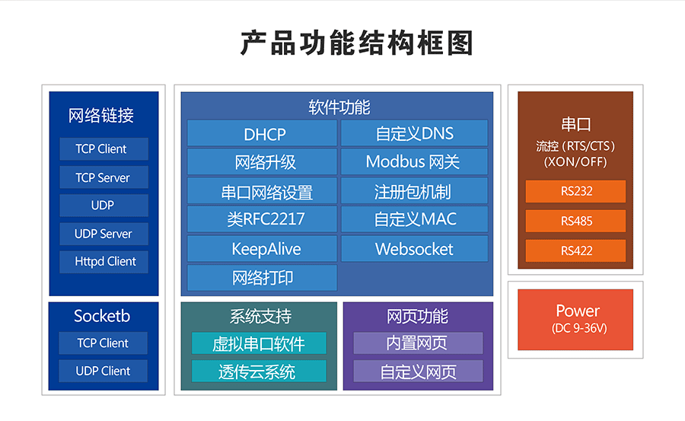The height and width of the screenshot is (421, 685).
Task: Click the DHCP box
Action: click(262, 133)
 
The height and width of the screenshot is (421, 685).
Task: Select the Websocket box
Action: click(414, 249)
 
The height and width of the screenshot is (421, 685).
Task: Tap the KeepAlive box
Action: click(262, 249)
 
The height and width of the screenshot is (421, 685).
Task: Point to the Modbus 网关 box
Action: click(414, 161)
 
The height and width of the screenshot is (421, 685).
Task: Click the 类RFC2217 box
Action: click(262, 219)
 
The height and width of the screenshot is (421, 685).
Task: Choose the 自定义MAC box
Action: click(414, 219)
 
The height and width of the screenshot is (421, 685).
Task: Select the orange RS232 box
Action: click(575, 191)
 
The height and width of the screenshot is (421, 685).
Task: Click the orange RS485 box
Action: click(575, 221)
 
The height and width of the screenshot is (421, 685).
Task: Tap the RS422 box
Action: click(575, 250)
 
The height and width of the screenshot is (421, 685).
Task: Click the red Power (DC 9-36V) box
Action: click(575, 319)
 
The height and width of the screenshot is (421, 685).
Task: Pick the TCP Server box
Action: click(104, 177)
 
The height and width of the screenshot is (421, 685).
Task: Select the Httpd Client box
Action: click(104, 261)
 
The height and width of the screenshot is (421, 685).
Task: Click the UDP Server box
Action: click(104, 234)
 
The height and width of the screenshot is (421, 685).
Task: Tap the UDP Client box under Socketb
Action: click(104, 371)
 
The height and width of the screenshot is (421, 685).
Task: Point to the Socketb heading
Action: click(102, 315)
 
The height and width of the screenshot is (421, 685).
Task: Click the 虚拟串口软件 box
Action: click(259, 343)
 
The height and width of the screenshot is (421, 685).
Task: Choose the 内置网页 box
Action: click(418, 343)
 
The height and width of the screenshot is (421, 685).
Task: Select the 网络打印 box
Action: click(262, 278)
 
